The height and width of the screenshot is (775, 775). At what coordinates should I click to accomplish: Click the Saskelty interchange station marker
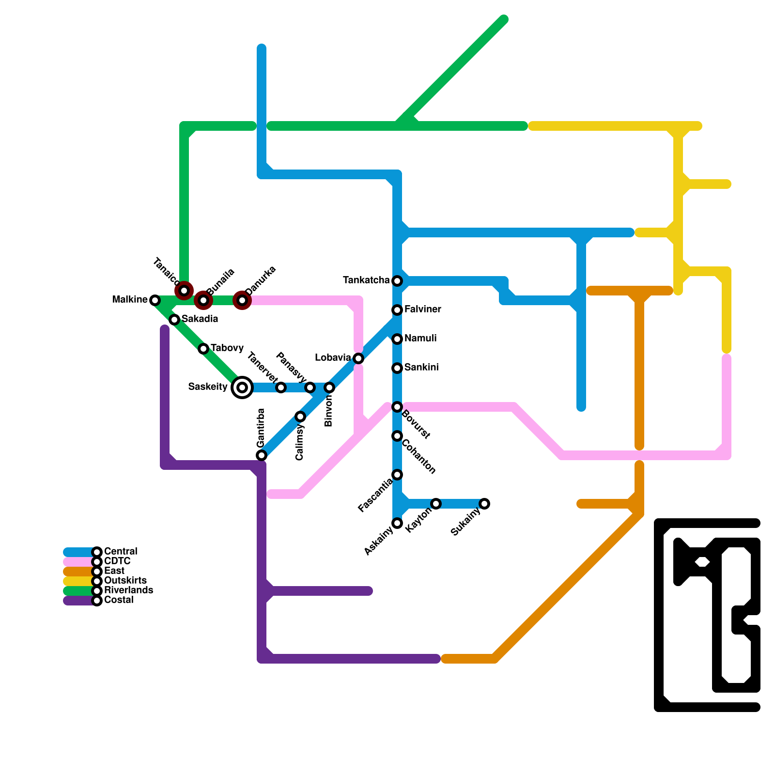tap(242, 387)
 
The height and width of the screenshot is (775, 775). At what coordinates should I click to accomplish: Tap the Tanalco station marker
tap(184, 291)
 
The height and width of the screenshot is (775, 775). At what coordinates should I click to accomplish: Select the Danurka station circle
tap(242, 300)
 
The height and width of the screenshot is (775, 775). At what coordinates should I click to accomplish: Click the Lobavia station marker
tap(358, 358)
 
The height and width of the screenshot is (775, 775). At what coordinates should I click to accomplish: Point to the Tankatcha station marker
tap(397, 281)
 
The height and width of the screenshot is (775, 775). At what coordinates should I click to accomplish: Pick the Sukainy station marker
tap(484, 504)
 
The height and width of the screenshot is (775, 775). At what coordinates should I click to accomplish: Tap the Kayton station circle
tap(436, 504)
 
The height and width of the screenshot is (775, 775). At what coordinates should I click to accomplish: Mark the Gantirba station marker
tap(262, 455)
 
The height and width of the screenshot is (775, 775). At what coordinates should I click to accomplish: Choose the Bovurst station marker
tap(397, 407)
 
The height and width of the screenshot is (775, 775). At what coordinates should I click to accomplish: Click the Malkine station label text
tap(129, 300)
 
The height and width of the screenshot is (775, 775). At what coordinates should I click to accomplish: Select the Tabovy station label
tap(227, 348)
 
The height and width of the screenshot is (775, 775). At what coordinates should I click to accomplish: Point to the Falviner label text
tap(422, 310)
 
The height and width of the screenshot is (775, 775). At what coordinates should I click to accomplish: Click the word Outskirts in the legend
tap(125, 581)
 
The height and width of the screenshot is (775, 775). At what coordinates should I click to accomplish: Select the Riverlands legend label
tap(128, 590)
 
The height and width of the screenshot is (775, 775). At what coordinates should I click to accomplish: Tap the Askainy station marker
tap(397, 523)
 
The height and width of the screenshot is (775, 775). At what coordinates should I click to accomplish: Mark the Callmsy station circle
tap(300, 417)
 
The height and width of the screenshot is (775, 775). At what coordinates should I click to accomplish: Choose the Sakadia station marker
tap(174, 320)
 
